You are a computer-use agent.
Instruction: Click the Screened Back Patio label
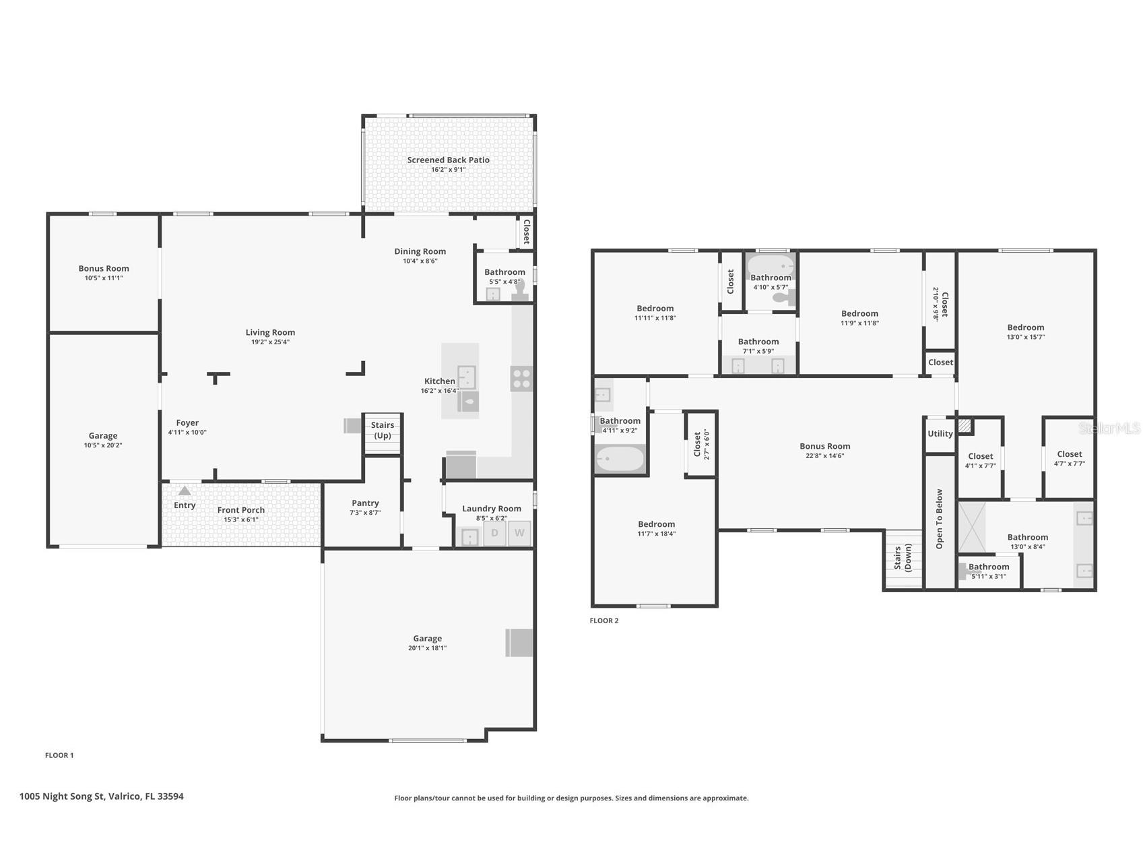coord(448,160)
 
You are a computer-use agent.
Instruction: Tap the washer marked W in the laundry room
coord(519,533)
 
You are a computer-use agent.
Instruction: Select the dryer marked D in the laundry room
coord(494,533)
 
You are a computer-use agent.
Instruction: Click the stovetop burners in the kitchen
coord(521,379)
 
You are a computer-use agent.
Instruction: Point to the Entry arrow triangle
coord(184,490)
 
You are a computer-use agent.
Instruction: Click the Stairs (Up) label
coord(383,430)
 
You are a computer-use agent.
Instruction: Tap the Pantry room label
coord(365,503)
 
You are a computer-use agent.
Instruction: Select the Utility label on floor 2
coord(940,433)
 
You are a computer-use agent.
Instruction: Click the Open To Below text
coord(940,519)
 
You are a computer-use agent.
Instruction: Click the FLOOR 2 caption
coord(604,621)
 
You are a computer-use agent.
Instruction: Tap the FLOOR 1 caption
coord(59,755)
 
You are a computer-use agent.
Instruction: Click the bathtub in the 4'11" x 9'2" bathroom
coord(620,459)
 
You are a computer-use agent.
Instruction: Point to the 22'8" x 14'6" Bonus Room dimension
coord(825,456)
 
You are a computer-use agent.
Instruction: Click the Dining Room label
coord(420,251)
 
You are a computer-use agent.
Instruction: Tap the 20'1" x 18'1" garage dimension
coord(427,648)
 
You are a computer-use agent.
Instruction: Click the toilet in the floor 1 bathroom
coord(520,290)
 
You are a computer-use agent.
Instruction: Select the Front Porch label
coord(241,510)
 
